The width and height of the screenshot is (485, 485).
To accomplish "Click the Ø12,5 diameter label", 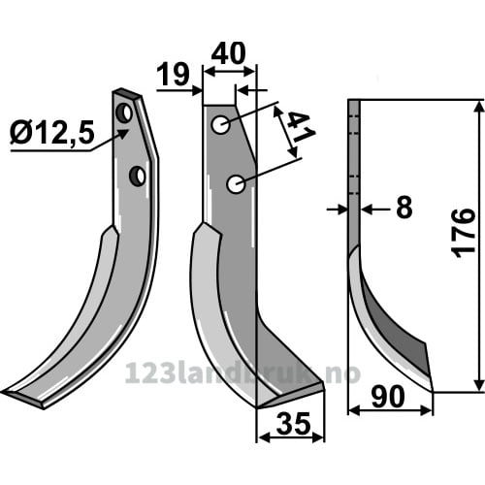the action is (x=52, y=133).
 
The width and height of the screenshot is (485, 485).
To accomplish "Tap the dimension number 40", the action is (x=228, y=53).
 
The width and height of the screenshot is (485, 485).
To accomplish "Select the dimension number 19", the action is (x=175, y=75).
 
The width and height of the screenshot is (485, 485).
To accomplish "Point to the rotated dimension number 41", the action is (x=299, y=128).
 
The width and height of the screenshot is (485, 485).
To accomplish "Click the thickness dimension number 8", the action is (x=404, y=208).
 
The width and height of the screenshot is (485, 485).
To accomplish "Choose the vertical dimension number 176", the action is (x=465, y=234).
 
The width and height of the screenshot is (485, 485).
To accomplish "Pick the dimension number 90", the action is (x=388, y=397).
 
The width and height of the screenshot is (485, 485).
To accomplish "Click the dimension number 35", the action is (x=294, y=424).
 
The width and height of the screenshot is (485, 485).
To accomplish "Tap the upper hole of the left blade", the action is (x=124, y=113).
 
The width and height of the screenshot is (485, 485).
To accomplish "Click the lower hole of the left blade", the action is (x=138, y=177).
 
